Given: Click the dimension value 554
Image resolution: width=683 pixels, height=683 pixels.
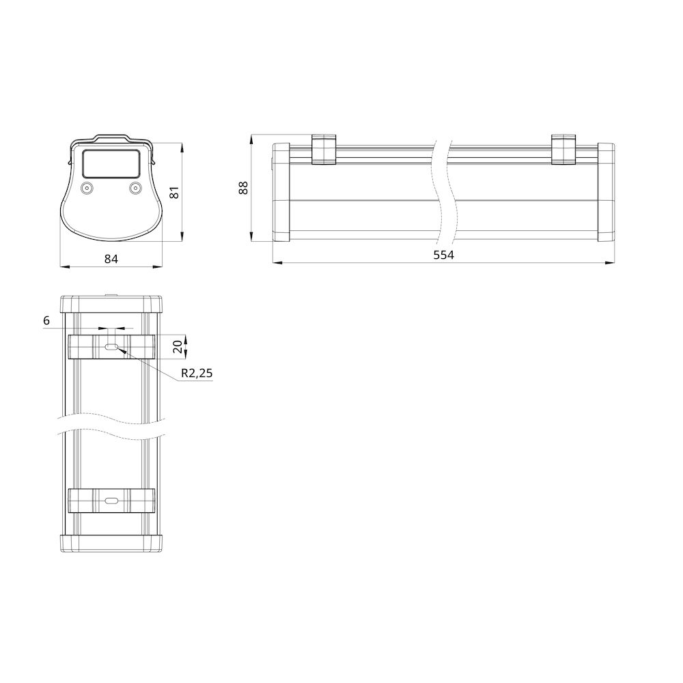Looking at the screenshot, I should tap(443, 255).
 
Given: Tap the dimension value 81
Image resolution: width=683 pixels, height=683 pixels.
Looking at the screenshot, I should tap(174, 192).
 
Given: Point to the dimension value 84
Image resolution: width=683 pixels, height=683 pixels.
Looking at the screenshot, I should tap(111, 258).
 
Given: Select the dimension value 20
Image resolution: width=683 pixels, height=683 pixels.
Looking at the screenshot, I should tap(178, 346).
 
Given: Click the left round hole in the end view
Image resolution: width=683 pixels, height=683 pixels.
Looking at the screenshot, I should tap(87, 187).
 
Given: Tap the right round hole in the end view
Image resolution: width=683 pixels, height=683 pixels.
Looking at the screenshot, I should tap(135, 187).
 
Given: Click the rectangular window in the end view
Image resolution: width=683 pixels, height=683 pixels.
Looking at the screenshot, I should tap(111, 164).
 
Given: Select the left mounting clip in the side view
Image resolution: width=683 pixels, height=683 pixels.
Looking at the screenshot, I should tap(324, 150).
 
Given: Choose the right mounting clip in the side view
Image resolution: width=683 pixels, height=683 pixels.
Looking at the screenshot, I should tap(563, 150).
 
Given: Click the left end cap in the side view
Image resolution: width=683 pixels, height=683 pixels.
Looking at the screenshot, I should tap(281, 192).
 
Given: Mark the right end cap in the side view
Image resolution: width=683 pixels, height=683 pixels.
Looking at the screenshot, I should tap(605, 192).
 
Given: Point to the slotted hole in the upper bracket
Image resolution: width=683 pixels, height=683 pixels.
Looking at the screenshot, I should tap(111, 347).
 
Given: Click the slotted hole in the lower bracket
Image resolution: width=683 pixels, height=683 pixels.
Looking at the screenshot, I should tap(111, 501).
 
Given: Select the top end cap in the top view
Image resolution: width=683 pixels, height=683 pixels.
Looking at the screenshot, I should tap(111, 304).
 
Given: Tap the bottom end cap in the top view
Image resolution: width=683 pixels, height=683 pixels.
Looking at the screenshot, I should tap(111, 542).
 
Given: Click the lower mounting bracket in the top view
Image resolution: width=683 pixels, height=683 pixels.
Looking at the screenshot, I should tap(82, 501).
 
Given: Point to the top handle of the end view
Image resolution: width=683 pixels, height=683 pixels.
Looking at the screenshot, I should tap(111, 138).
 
